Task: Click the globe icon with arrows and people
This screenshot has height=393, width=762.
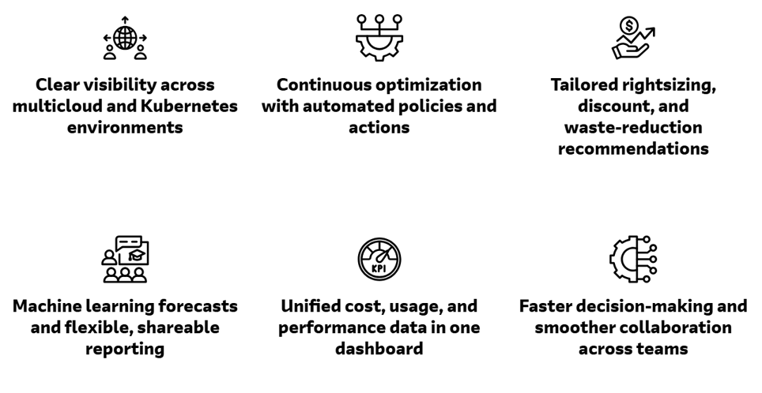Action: tap(125, 38)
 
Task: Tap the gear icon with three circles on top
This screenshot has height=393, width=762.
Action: tap(379, 38)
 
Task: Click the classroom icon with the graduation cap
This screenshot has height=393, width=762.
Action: tap(125, 259)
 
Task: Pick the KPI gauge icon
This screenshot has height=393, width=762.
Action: tap(379, 259)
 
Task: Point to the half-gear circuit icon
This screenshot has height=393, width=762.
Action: tap(633, 259)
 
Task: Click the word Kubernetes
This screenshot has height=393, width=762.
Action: tap(189, 106)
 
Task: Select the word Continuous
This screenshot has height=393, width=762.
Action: tap(323, 84)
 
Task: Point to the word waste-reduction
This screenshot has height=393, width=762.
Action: tap(633, 127)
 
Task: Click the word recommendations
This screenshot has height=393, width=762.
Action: tap(633, 148)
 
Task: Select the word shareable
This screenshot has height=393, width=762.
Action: tap(178, 327)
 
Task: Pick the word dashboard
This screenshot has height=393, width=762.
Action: tap(379, 348)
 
